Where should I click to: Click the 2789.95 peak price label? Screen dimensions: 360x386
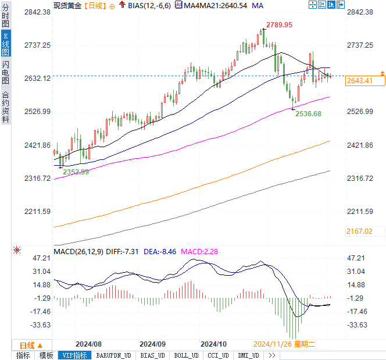pos(279,25)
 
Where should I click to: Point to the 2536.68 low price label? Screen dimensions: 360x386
pos(308,114)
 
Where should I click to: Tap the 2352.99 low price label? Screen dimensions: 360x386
pos(76,172)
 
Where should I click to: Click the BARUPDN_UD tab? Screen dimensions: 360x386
pos(114,355)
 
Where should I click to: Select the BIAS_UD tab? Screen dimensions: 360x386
pos(153,355)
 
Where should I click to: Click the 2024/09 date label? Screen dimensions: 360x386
pos(153,344)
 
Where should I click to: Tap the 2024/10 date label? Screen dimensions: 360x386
pos(212,344)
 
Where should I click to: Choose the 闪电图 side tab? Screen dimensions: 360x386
pos(5,73)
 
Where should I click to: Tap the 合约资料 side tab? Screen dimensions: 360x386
pos(5,107)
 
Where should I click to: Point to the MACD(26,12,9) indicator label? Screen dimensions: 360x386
pos(78,251)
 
